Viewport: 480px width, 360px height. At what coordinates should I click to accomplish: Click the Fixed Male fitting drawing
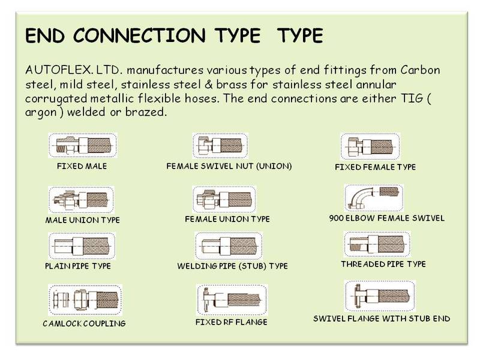(83, 145)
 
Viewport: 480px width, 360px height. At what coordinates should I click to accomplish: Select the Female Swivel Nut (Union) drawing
(220, 145)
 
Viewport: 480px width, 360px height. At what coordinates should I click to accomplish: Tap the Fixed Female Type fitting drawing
(370, 146)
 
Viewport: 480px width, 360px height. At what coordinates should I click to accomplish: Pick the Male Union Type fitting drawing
(81, 200)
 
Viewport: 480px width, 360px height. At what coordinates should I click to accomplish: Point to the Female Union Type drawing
(224, 199)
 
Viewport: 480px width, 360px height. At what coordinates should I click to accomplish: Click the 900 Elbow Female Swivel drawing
(374, 198)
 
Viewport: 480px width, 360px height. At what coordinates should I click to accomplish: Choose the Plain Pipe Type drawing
(82, 246)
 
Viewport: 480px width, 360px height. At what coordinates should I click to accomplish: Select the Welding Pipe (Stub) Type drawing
(229, 246)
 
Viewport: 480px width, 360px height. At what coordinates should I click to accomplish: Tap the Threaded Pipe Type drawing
(377, 244)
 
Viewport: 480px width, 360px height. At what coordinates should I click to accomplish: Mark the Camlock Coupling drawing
(85, 299)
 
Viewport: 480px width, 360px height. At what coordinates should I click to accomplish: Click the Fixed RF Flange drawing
(232, 299)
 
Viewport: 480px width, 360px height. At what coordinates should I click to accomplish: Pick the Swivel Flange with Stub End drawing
(380, 296)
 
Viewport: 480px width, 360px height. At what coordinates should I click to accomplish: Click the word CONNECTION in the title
(139, 35)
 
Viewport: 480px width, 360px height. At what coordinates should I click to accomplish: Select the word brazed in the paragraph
(146, 112)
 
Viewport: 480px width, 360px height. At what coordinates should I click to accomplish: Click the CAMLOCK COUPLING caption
(84, 323)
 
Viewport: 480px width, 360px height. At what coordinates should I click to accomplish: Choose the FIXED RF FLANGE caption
(232, 322)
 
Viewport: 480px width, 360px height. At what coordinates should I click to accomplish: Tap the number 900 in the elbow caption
(336, 218)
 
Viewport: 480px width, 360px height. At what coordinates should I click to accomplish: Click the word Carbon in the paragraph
(421, 70)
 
